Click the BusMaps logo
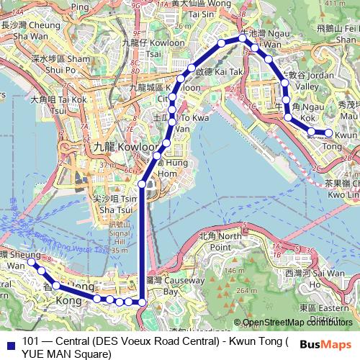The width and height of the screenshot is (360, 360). (x=327, y=345)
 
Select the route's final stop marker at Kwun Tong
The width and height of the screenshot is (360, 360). (x=329, y=132)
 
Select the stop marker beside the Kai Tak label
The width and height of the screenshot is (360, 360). (x=192, y=69)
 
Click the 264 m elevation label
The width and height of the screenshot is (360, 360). (x=270, y=291)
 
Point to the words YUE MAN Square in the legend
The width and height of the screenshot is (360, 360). (x=66, y=354)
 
